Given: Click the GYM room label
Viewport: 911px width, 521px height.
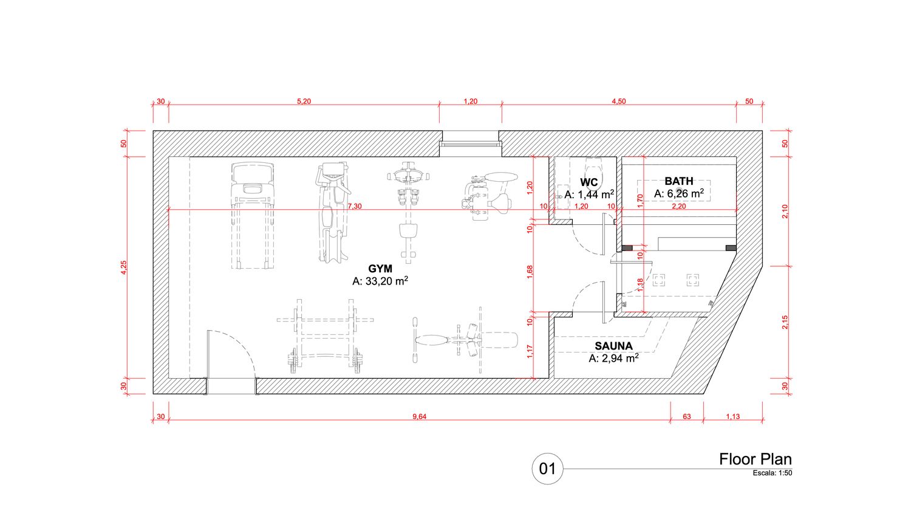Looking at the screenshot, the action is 380,269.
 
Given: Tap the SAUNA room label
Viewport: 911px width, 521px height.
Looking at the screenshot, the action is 613,346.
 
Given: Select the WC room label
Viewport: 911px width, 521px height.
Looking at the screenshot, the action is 589,182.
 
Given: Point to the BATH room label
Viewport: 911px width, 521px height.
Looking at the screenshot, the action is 679,181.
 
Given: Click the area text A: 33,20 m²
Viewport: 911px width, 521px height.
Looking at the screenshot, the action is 380,281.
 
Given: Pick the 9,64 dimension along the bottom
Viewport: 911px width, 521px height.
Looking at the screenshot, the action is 419,416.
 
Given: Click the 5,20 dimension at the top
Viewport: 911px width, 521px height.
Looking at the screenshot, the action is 304,102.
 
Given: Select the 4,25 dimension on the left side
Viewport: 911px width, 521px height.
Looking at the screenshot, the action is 124,267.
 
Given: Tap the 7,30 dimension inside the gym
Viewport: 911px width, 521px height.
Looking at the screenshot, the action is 355,206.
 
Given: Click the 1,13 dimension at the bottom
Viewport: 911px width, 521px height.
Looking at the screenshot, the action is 733,416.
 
